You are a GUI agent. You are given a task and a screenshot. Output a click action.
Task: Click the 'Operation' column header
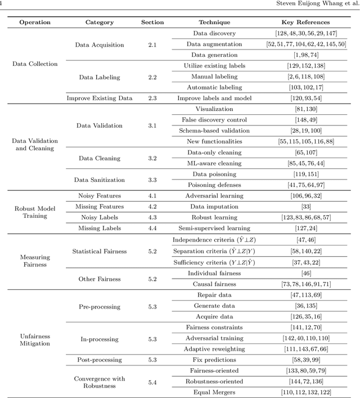[x=35, y=23]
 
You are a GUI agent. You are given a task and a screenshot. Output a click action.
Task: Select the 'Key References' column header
[x=306, y=23]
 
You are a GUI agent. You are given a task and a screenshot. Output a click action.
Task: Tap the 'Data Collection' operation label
[x=35, y=64]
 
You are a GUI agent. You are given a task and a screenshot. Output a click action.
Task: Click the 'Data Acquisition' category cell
[x=100, y=44]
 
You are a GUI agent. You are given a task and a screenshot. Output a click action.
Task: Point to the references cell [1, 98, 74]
[x=306, y=55]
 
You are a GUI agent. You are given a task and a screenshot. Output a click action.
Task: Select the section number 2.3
[x=152, y=98]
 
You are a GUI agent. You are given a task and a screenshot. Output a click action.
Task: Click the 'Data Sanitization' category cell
[x=100, y=180]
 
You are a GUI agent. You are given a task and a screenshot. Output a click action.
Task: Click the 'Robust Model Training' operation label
[x=35, y=212]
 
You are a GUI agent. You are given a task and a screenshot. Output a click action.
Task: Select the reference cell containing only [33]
[x=306, y=207]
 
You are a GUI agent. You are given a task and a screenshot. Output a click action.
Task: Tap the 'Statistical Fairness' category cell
[x=100, y=251]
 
